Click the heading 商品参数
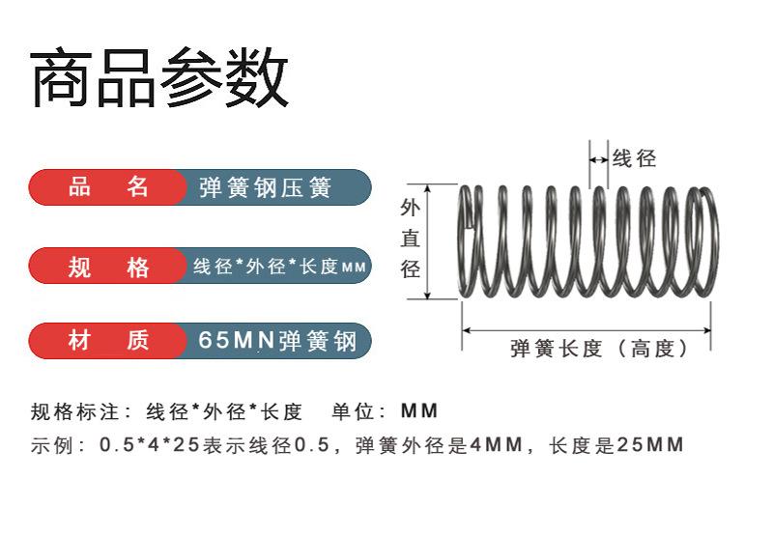coord(159,77)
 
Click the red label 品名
coord(108,187)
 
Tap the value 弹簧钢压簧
coord(265,187)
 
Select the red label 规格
coord(108,267)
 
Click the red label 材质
coord(108,341)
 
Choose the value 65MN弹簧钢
coord(277,341)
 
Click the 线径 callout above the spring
coord(634,158)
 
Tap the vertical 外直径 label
coord(410,239)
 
